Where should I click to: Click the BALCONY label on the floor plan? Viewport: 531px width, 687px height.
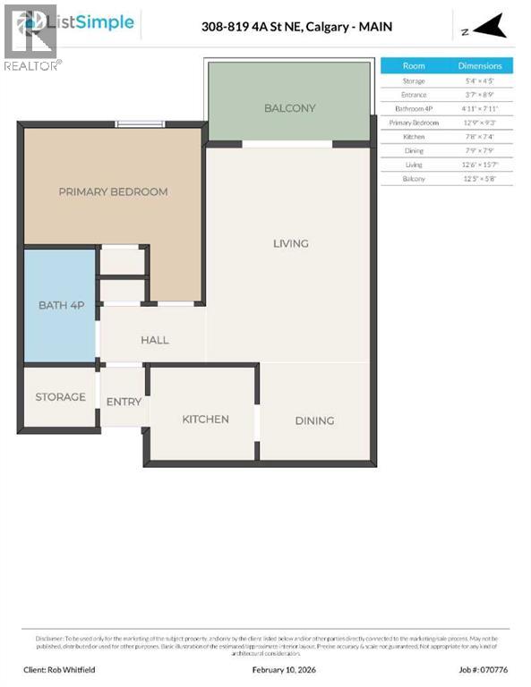289,108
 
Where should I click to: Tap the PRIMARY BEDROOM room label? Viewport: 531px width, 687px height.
113,191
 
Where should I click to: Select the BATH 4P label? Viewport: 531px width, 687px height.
61,305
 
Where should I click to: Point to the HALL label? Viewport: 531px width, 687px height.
154,340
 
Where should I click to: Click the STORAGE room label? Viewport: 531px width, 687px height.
60,396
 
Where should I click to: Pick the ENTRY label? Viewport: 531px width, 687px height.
124,402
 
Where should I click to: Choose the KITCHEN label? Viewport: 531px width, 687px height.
205,419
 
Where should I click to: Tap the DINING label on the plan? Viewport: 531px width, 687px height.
314,420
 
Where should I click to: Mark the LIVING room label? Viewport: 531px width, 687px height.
291,243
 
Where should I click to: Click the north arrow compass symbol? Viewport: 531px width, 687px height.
487,29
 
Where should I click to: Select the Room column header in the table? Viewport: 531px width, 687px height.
414,66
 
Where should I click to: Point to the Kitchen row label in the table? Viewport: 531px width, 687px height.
414,137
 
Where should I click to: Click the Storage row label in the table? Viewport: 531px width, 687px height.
414,81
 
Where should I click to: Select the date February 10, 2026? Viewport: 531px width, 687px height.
265,669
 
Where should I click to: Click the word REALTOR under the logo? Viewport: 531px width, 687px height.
30,65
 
